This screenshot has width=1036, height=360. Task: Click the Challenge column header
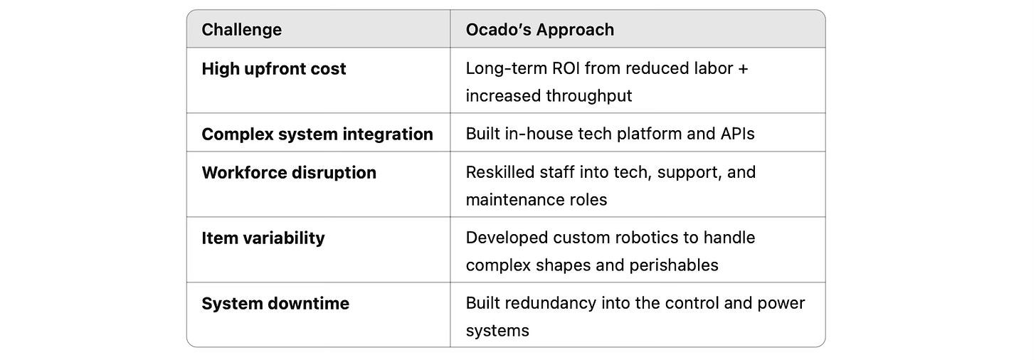coord(241,30)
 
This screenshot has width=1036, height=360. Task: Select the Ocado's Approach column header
coord(539,30)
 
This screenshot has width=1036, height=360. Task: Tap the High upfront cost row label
coord(274,69)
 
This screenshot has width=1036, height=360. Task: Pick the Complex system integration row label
coord(317,134)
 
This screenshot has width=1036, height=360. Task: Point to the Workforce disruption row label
coord(289,173)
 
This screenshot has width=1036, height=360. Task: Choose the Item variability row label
coord(263,238)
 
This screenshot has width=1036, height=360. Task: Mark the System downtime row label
coord(275,304)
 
